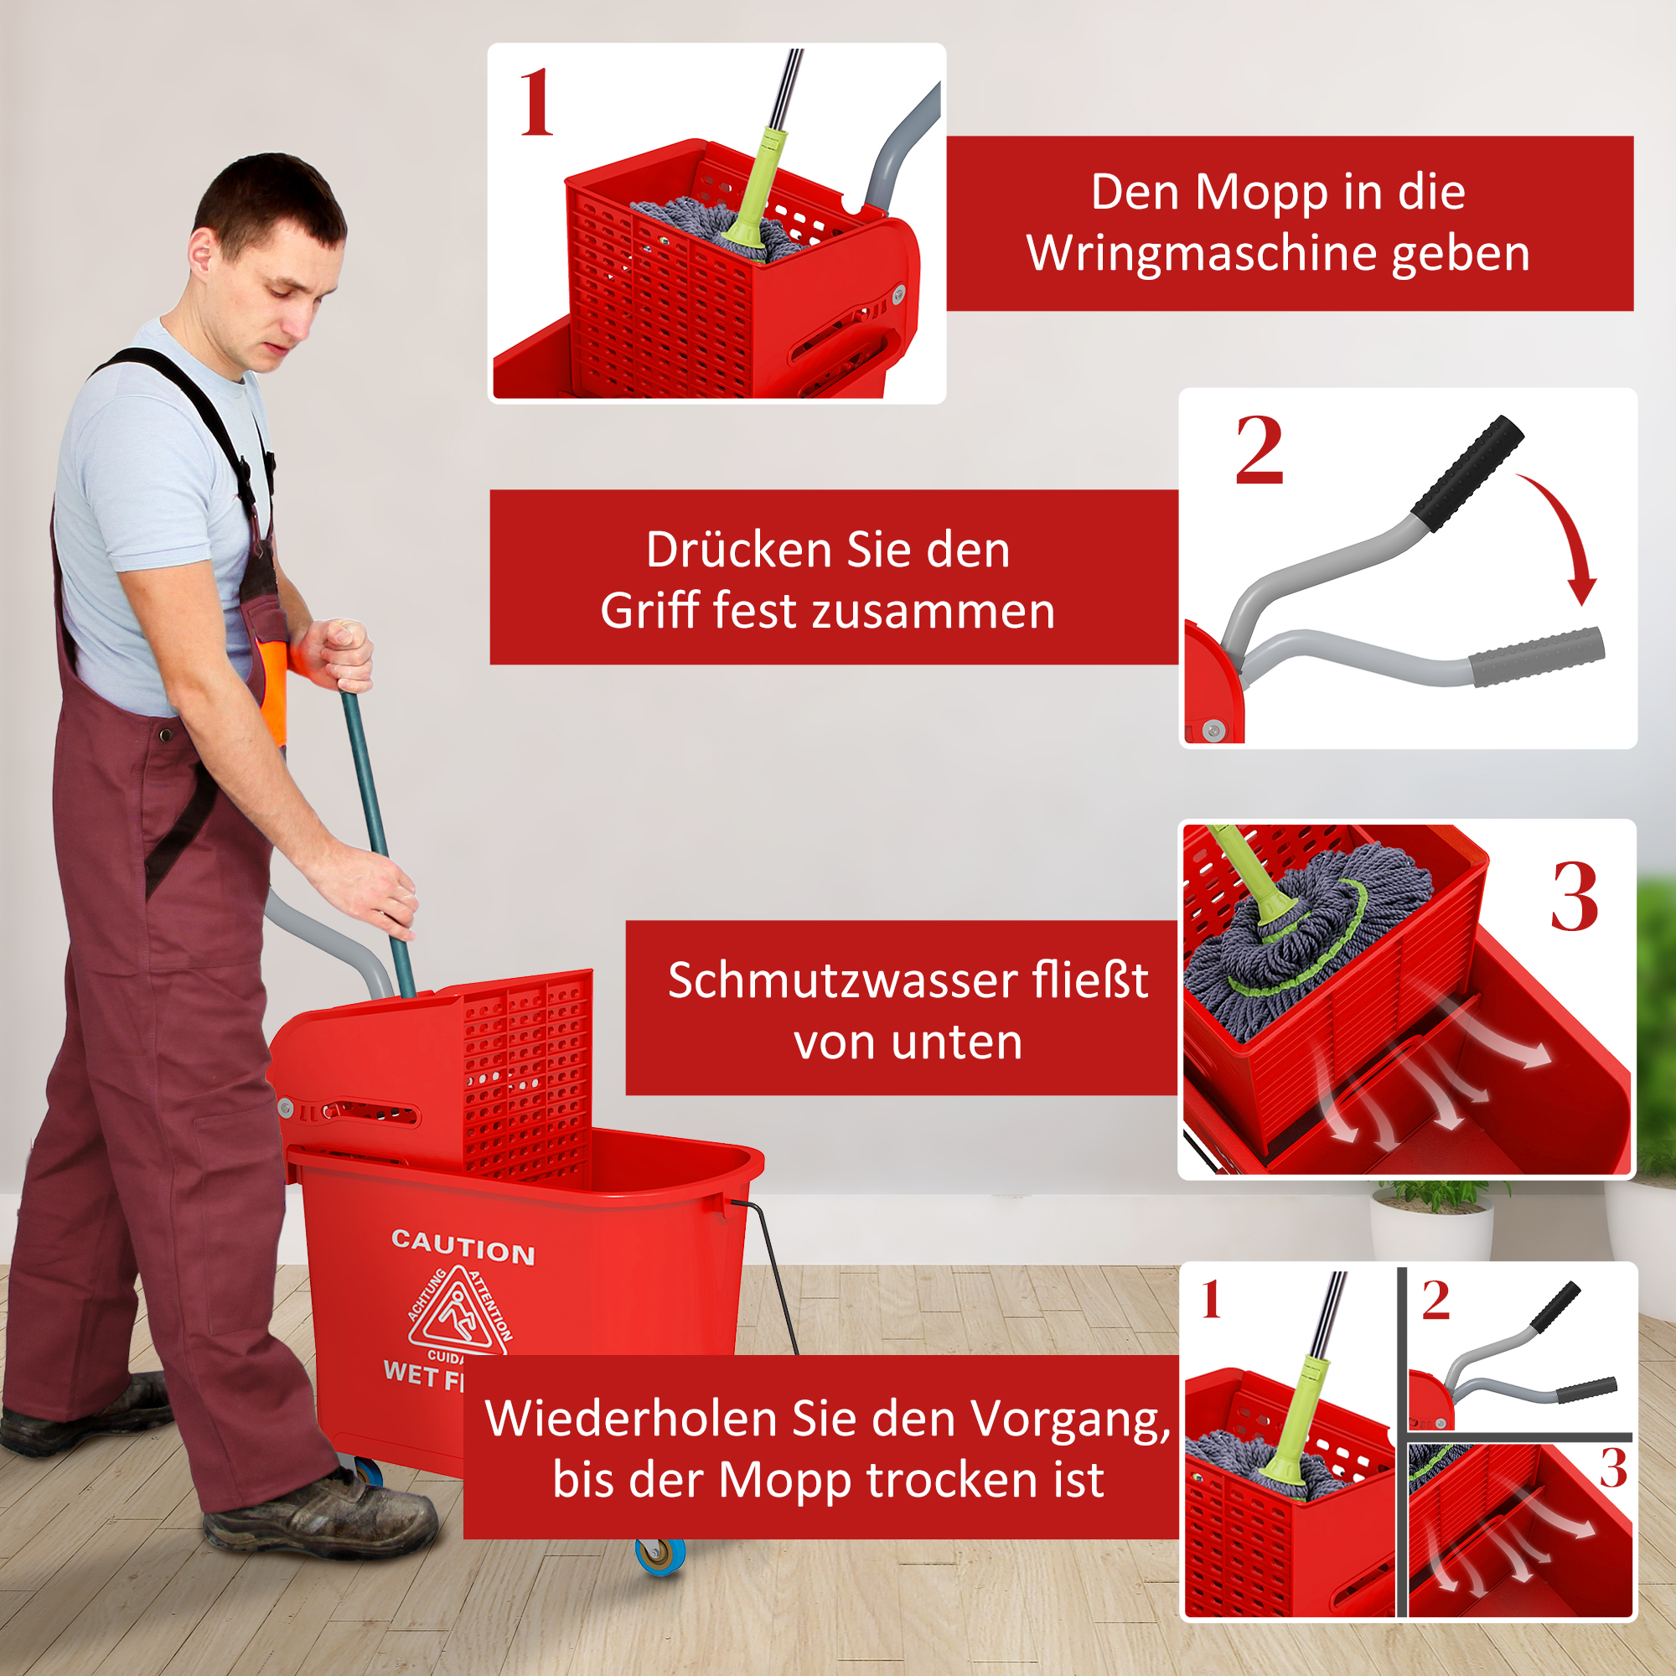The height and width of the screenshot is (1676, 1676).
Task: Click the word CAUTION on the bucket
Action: pos(463,1247)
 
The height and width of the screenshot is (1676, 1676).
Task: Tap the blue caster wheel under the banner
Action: pos(660,1554)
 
